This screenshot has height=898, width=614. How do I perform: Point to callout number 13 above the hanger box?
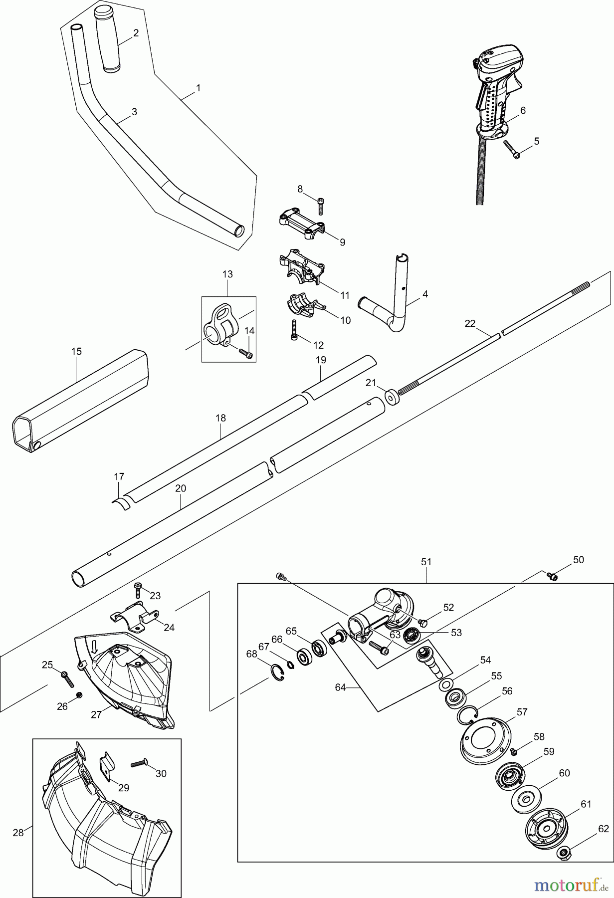point(227,274)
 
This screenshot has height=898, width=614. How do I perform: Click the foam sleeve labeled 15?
point(80,394)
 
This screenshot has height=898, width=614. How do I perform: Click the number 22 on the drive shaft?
point(470,324)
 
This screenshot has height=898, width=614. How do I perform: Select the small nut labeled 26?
point(79,695)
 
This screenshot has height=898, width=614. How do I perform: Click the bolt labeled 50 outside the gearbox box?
point(552,576)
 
